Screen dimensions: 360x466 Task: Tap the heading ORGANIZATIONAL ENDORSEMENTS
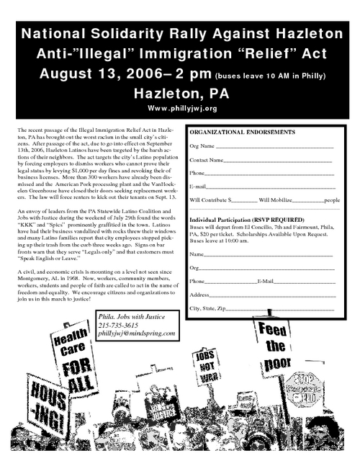[x=242, y=133]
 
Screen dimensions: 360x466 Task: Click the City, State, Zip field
[x=281, y=309]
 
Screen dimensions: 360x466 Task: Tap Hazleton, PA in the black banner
[x=180, y=93]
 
